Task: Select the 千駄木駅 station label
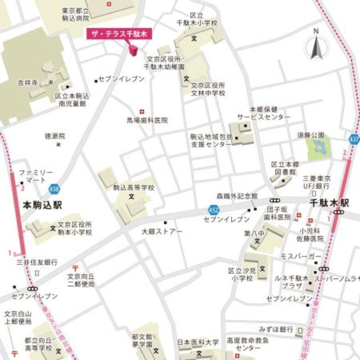click(330, 201)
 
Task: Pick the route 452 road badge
click(209, 210)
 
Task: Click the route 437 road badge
click(353, 138)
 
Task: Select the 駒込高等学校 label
click(133, 187)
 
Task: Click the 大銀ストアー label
click(162, 231)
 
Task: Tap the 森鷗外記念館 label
click(237, 197)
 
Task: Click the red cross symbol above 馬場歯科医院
click(141, 111)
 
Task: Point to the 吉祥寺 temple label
click(28, 83)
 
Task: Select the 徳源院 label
click(55, 136)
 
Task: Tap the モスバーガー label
click(301, 256)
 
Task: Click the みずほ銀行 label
click(276, 328)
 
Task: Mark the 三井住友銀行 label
click(37, 262)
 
